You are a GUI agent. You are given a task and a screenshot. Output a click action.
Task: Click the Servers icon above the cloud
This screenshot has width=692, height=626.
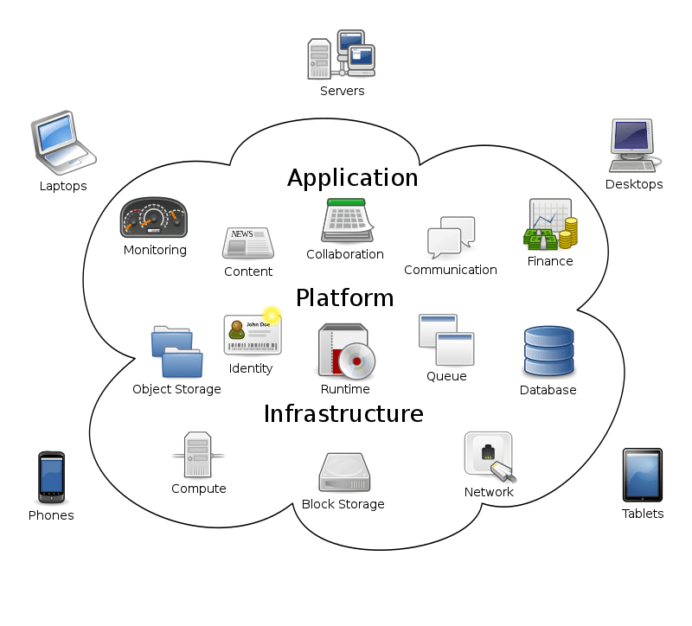point(341,54)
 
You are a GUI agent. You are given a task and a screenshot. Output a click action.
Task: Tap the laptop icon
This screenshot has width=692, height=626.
point(63,143)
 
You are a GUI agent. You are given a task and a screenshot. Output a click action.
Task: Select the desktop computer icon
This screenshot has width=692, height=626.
point(634,145)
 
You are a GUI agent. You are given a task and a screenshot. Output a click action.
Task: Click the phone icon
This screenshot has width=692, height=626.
point(51,477)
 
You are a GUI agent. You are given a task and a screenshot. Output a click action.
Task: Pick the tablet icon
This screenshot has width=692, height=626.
point(642,476)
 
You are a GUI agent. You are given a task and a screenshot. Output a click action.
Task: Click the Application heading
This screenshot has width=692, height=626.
point(353,178)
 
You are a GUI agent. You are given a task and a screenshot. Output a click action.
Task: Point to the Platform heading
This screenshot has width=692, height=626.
point(344,297)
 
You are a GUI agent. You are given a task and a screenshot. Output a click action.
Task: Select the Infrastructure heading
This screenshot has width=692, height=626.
point(343,414)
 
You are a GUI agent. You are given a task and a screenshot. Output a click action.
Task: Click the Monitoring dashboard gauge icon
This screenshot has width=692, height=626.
point(154,218)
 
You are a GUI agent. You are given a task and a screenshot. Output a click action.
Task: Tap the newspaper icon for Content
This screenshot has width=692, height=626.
point(248,243)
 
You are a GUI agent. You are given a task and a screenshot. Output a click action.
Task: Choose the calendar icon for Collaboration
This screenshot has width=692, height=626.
point(348,220)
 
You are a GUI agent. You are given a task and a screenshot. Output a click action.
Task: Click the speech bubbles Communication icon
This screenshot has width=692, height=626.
point(451,237)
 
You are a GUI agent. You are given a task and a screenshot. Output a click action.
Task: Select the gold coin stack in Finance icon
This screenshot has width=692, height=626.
point(567,233)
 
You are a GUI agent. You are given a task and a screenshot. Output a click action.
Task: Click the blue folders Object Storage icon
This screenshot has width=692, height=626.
point(177,352)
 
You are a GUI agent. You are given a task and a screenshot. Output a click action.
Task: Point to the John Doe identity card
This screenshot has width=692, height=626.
point(253,335)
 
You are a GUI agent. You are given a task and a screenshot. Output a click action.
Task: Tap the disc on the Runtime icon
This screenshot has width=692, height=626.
point(356,361)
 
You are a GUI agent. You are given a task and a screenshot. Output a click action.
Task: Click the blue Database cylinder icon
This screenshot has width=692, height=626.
point(548,352)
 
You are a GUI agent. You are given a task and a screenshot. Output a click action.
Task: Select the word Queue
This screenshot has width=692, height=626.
point(446,376)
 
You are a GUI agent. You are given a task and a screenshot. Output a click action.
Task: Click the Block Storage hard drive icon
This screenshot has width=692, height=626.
point(344,472)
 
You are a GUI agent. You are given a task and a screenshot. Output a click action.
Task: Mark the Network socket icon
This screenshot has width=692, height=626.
point(490,457)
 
